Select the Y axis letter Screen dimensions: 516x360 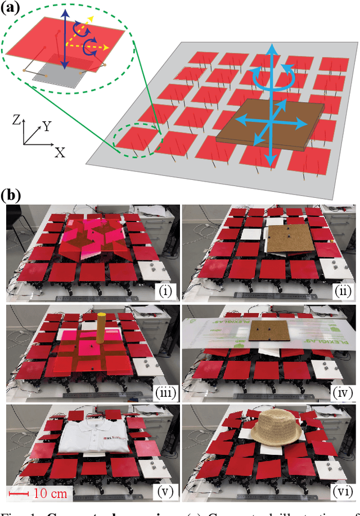point(46,126)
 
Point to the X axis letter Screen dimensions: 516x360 point(58,152)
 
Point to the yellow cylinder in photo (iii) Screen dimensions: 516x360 point(101,328)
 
